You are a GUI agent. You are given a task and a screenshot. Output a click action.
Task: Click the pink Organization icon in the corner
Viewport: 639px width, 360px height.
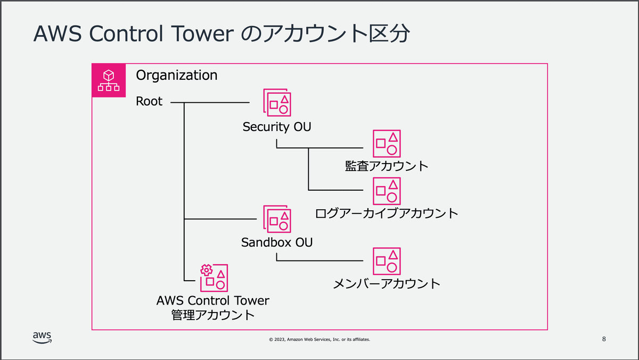(109, 80)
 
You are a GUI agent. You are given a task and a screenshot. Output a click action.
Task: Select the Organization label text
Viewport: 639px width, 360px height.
(177, 75)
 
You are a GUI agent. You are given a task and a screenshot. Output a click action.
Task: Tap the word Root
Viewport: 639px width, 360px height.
(149, 101)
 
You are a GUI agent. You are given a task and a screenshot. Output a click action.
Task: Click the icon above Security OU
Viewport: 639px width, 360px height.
(277, 102)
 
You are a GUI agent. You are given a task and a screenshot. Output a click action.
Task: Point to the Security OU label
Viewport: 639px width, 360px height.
(277, 127)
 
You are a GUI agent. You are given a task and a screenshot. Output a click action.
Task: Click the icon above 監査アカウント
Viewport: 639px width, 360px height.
(387, 143)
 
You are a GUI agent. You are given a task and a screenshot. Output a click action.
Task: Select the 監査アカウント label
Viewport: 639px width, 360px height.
(387, 166)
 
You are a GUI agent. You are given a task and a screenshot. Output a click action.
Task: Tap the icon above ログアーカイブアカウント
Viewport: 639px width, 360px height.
(387, 191)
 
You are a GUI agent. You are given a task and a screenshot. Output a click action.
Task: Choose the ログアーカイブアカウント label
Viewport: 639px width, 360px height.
(387, 214)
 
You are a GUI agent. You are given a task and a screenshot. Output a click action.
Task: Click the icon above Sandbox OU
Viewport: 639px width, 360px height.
(277, 219)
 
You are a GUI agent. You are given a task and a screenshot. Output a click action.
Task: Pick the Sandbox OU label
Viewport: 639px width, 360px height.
(277, 243)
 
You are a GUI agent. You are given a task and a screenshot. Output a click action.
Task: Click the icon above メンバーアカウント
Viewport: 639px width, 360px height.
(387, 261)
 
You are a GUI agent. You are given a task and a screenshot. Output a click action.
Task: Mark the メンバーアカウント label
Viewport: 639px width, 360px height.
(387, 283)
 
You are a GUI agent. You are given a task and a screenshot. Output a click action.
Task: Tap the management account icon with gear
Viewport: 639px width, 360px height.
(214, 277)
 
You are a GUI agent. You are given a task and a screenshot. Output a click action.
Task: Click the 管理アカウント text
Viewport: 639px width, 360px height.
(213, 315)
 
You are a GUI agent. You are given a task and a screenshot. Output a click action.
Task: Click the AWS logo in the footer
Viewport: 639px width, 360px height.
(42, 338)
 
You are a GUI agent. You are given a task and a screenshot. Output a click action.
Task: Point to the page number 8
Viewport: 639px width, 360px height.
(603, 339)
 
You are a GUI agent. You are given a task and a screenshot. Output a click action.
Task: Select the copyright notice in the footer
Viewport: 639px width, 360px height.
(319, 339)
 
